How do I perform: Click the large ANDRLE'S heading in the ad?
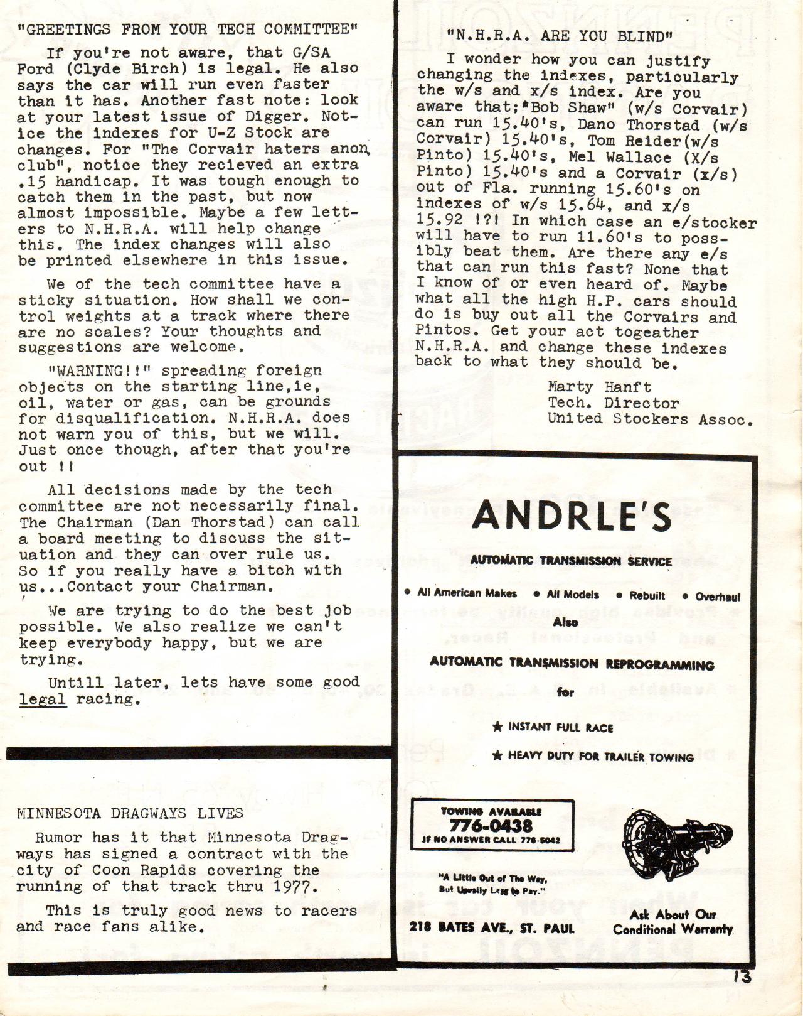572,517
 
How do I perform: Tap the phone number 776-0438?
491,825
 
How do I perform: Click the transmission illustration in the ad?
668,846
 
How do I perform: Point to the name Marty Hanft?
599,387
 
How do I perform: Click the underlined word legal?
43,699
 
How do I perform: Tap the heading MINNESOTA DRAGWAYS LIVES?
130,814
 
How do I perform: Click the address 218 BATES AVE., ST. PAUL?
492,927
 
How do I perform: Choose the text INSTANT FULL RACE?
560,727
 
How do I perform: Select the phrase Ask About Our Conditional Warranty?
673,921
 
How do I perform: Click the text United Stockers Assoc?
650,419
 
